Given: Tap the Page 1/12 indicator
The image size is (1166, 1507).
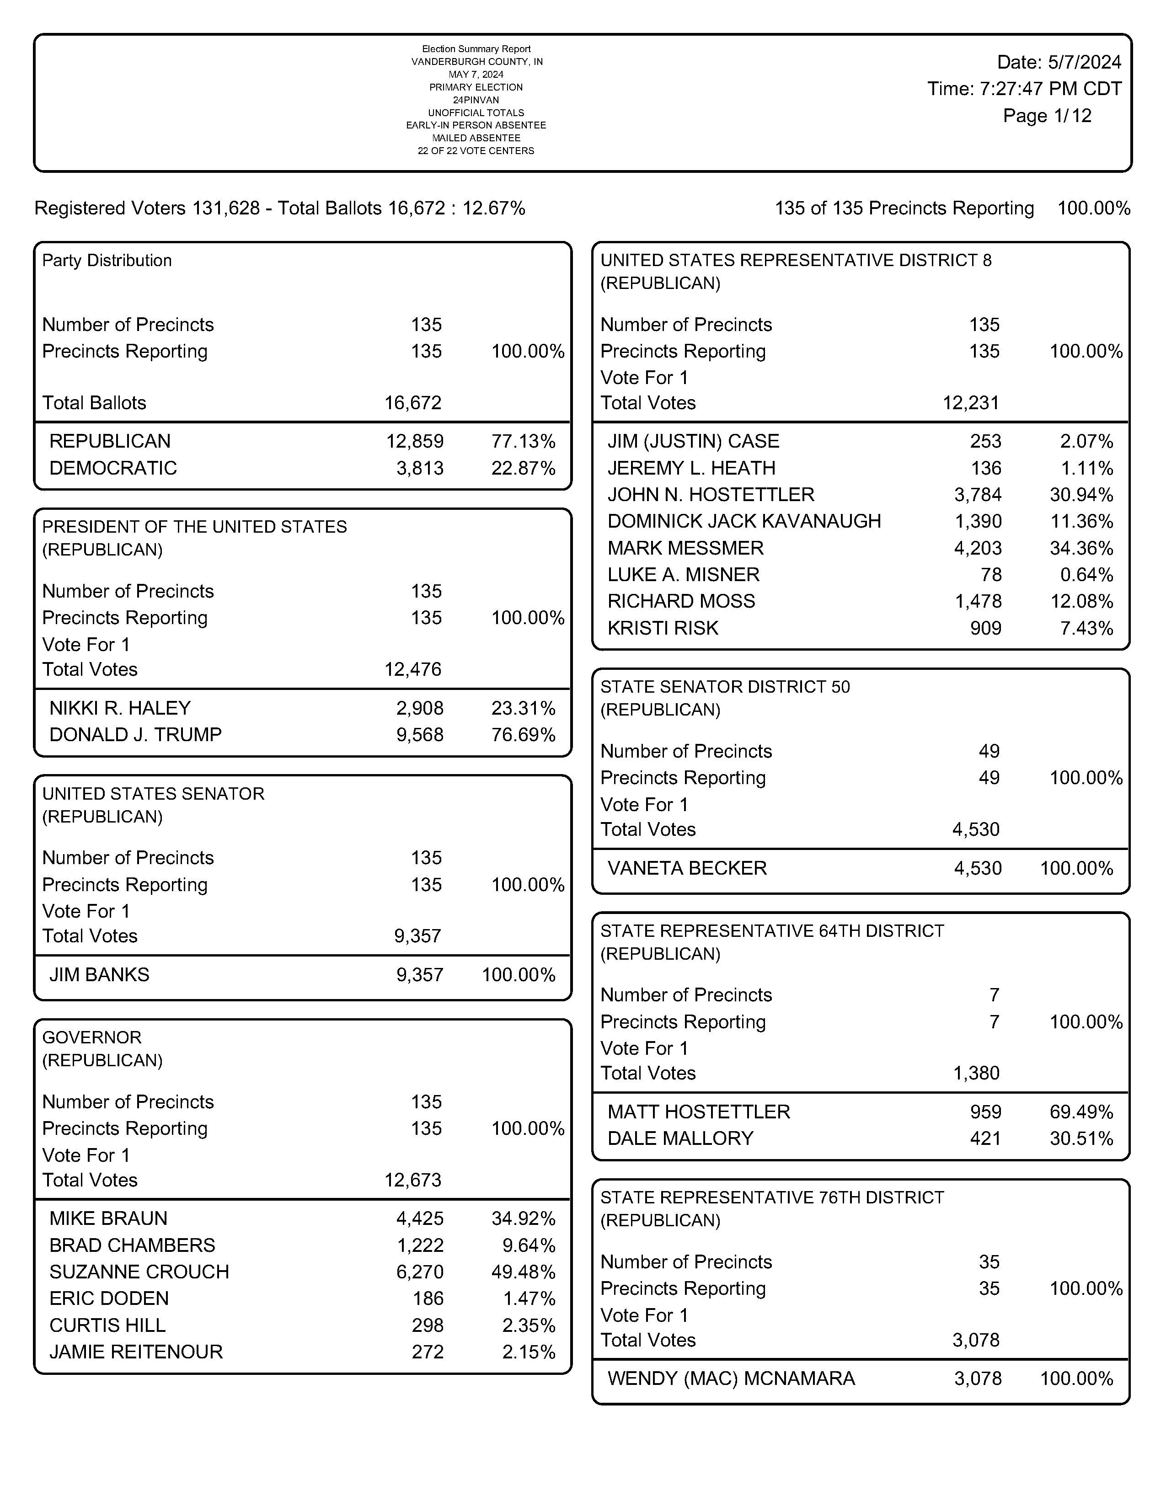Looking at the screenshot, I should click(1047, 116).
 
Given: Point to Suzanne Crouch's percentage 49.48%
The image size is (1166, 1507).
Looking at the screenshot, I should click(523, 1272).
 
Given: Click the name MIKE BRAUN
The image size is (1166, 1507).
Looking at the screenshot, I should click(108, 1218).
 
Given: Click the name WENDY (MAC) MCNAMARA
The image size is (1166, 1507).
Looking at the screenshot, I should click(731, 1379).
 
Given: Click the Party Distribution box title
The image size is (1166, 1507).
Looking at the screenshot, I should click(107, 260).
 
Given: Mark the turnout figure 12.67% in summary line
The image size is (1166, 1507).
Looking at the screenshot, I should click(493, 208).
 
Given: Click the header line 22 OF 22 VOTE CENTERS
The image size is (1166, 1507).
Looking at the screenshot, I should click(476, 151).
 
